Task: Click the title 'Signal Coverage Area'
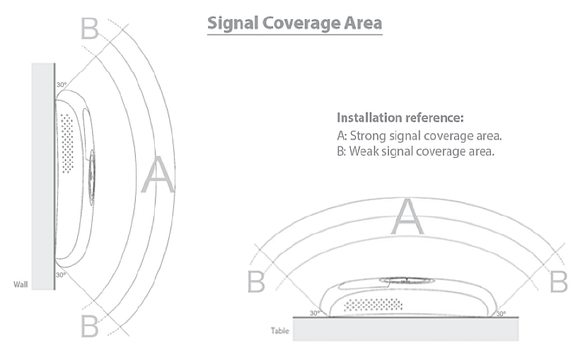294,23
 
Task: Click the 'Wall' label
21,285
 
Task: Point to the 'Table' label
281,330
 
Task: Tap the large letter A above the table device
407,216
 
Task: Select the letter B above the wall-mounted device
89,28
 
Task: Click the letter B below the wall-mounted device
89,326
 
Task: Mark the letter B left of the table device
256,281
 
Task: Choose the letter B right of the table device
559,281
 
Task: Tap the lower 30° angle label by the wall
61,274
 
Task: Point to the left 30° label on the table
315,312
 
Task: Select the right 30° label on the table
501,312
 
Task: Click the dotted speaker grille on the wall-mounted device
67,144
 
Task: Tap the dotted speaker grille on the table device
372,305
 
